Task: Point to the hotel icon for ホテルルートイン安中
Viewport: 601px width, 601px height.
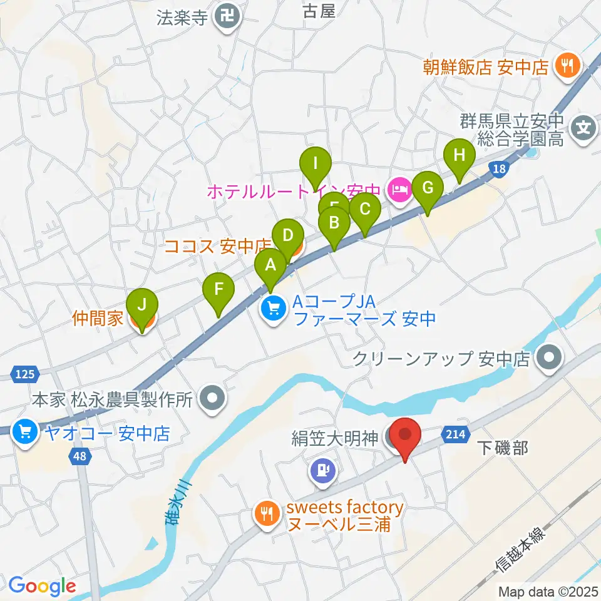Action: pyautogui.click(x=399, y=188)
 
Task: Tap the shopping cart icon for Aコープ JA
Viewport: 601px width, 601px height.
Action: pyautogui.click(x=273, y=309)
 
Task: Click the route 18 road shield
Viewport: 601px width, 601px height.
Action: pyautogui.click(x=498, y=169)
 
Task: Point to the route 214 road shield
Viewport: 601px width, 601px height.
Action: pyautogui.click(x=455, y=434)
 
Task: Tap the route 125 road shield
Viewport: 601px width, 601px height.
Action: pyautogui.click(x=23, y=374)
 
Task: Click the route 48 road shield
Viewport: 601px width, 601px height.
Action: pyautogui.click(x=79, y=456)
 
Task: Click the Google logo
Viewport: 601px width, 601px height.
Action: pyautogui.click(x=42, y=586)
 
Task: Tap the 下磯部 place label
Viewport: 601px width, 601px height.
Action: pyautogui.click(x=503, y=448)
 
